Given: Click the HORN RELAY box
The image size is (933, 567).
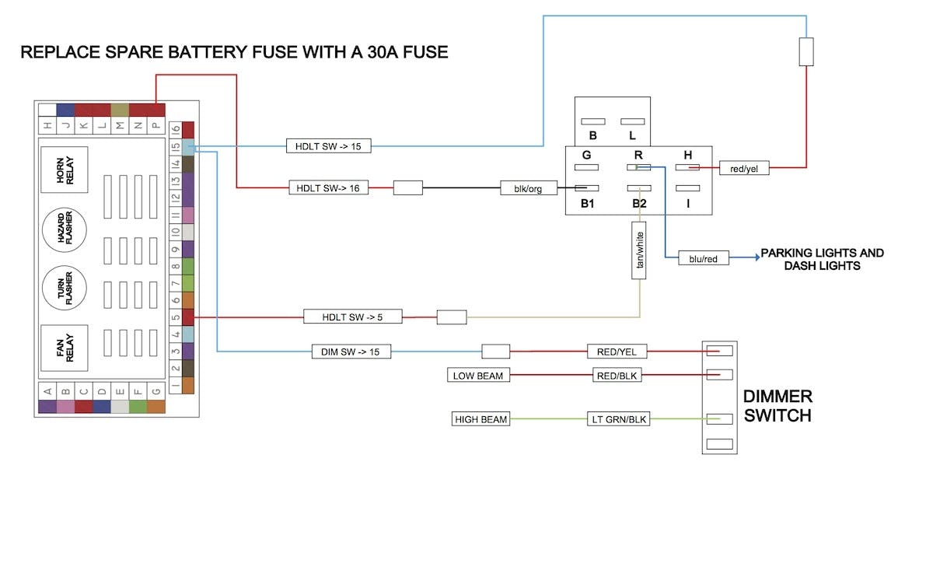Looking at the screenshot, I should point(65,170).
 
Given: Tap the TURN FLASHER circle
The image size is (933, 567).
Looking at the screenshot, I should point(65,287).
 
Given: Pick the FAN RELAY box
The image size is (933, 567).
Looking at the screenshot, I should point(65,345).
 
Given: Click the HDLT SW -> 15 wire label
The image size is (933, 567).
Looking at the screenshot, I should point(328,146).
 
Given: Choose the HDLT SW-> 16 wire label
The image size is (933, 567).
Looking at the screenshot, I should point(328,187).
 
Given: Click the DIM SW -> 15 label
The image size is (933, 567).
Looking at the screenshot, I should point(351,352).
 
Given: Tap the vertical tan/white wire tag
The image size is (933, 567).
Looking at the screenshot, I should point(640,250).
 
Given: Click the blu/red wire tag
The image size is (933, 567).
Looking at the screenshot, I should point(704,258).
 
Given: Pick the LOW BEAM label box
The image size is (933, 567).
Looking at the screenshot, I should point(478,376).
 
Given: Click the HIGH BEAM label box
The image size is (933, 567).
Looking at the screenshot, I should point(480,419).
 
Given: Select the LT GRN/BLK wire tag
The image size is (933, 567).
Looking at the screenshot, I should point(617,419).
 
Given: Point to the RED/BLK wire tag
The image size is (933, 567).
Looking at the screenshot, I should point(617,376).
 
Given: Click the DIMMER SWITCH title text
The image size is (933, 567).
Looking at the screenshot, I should point(777,406).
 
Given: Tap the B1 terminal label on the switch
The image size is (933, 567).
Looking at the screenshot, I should point(587,204).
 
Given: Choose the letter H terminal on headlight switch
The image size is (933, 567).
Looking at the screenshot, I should point(687,155).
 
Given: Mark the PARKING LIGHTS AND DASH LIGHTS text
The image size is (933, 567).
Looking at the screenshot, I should point(822,259).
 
